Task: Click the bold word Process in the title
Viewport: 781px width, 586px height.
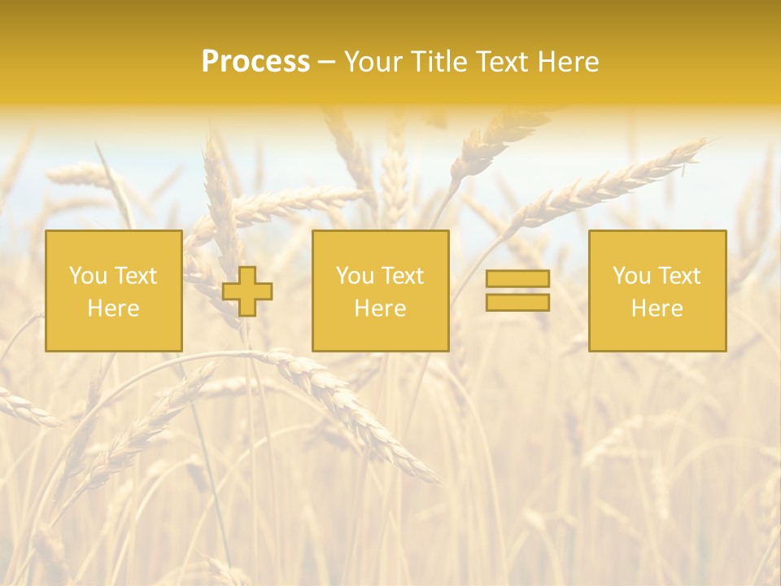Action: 255,62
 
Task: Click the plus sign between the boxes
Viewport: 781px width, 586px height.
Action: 247,291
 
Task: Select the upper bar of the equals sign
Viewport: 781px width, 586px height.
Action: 517,278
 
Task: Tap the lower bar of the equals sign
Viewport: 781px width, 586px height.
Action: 517,303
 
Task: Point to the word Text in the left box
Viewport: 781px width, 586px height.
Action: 135,276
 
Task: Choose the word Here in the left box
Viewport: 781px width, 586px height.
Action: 113,308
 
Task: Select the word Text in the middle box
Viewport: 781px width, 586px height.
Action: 402,276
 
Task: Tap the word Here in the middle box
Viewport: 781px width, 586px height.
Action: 380,308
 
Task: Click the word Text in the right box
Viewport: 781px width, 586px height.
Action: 678,276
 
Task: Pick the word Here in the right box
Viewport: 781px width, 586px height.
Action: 657,308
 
